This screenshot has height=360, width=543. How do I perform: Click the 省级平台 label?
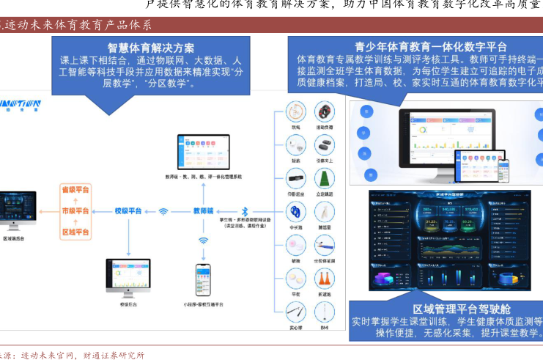click(75, 190)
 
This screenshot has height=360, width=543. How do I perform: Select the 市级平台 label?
click(75, 211)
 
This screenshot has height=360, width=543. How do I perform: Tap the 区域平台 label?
click(75, 232)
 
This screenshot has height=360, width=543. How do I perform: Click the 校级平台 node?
click(128, 211)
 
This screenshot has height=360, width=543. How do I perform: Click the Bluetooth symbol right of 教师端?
click(246, 210)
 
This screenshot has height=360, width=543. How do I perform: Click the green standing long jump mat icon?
click(324, 178)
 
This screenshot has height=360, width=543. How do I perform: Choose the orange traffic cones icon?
click(324, 279)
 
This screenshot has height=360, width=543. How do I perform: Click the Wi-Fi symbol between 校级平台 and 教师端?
click(163, 211)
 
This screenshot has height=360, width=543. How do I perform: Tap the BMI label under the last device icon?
click(324, 326)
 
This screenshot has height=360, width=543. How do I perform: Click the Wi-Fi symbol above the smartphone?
click(203, 240)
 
